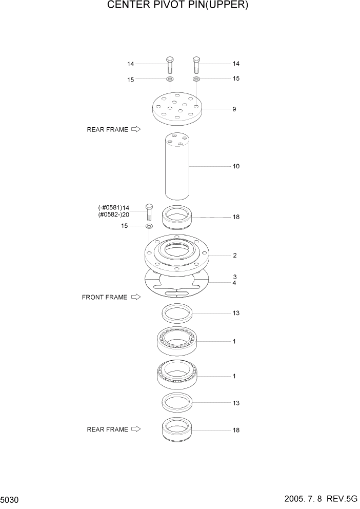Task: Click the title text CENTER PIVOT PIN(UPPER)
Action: point(177,6)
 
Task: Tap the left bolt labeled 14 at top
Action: point(170,64)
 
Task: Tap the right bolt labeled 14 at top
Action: point(196,64)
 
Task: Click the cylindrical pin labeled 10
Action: point(177,167)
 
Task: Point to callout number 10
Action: point(236,166)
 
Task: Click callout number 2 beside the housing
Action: point(234,255)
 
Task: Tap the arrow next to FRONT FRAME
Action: point(136,297)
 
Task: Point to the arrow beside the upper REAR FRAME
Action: point(136,130)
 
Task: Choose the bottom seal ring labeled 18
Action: point(177,429)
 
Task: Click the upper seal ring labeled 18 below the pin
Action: point(177,217)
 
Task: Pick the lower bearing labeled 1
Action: point(177,376)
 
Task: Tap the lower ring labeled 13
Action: point(177,402)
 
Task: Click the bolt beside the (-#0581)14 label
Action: point(149,212)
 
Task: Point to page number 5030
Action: point(10,499)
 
